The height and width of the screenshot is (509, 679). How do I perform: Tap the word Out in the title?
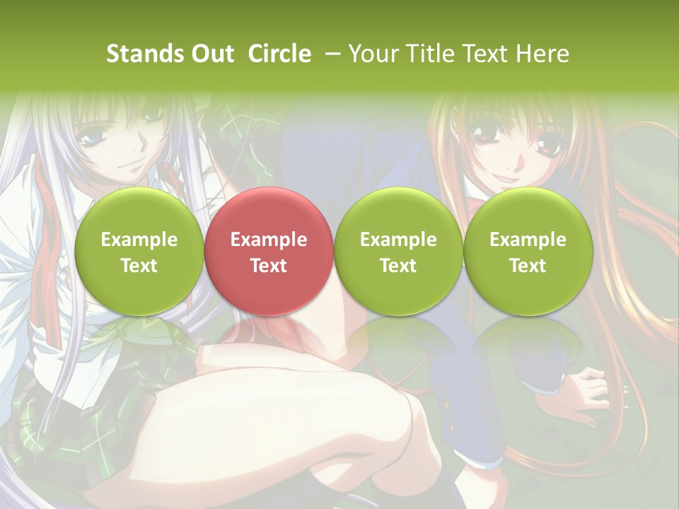click(x=210, y=54)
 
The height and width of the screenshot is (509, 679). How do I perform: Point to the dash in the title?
click(x=332, y=54)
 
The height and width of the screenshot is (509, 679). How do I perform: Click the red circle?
click(x=268, y=252)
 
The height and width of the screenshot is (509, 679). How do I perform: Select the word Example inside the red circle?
click(x=268, y=240)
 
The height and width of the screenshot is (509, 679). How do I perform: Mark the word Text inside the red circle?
click(x=268, y=266)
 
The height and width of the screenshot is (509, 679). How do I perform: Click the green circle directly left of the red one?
click(x=139, y=252)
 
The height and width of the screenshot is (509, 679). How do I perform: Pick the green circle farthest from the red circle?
click(x=528, y=252)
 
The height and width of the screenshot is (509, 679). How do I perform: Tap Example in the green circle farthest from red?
click(x=528, y=240)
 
